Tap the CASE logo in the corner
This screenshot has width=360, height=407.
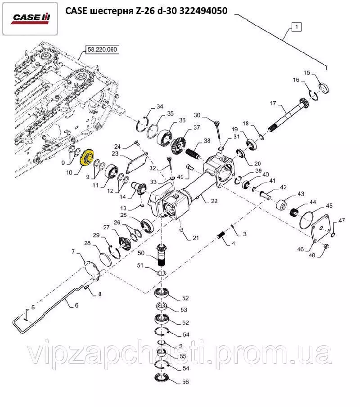point(31,18)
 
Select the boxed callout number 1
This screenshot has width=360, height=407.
point(296,27)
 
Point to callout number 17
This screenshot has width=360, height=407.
point(272,103)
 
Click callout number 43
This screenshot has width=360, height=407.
point(301,194)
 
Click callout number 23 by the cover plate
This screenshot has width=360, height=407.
point(115,153)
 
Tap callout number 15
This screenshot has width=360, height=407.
point(306,73)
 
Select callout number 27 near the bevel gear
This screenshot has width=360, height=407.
point(106,228)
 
